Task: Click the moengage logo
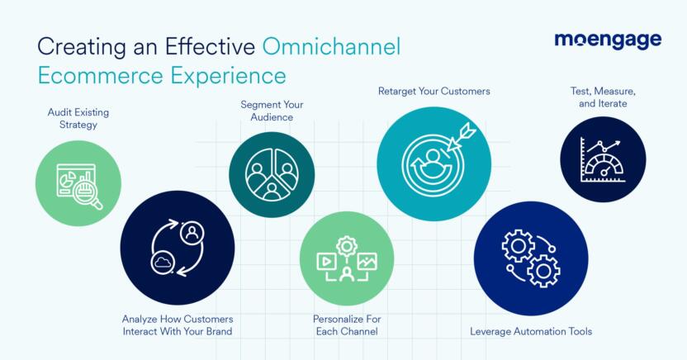point(607,40)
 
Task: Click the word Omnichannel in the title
point(331,46)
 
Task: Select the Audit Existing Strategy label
point(78,118)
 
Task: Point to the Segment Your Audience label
point(272,111)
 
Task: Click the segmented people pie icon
point(271,175)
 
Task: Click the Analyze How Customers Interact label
point(177,325)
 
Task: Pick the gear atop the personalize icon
point(346,245)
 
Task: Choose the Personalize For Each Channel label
point(346,325)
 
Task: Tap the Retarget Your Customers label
point(434,91)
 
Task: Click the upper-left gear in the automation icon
point(518,245)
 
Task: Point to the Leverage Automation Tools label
point(531,331)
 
